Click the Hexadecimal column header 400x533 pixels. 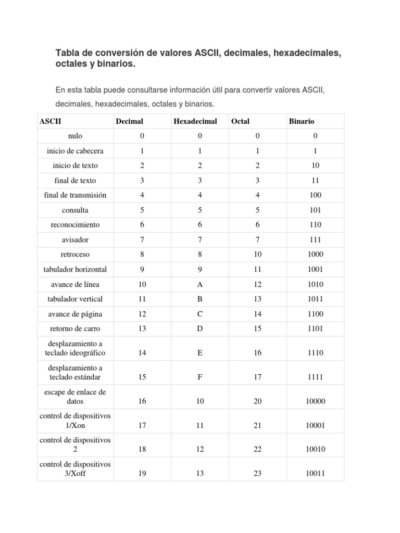click(x=195, y=121)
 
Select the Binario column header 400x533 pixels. click(x=302, y=121)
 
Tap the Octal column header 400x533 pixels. click(x=240, y=121)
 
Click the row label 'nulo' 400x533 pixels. click(x=75, y=136)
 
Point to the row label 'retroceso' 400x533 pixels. click(x=75, y=255)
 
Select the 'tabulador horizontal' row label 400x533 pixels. click(x=75, y=270)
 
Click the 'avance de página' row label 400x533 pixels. click(x=75, y=314)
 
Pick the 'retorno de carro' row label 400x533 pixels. click(x=75, y=329)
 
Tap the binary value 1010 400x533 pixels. click(x=315, y=285)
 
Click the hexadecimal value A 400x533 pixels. click(x=199, y=285)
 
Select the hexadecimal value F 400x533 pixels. click(x=199, y=377)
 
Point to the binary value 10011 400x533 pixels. click(x=315, y=474)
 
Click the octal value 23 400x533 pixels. click(x=257, y=474)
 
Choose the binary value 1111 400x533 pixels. click(x=315, y=377)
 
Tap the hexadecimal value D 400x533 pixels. click(x=199, y=329)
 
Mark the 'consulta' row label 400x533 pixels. click(x=75, y=210)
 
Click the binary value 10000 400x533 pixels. click(x=315, y=401)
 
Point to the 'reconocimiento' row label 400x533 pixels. click(x=75, y=225)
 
